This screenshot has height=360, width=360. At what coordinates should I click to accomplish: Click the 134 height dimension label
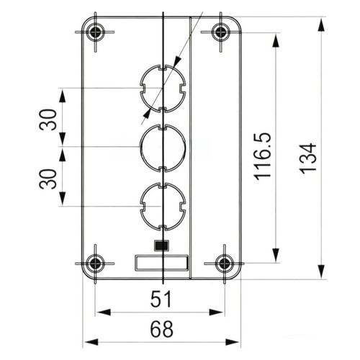(308, 158)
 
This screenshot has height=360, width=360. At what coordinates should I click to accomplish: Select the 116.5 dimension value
(262, 156)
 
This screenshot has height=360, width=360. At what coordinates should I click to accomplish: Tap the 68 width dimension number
(161, 329)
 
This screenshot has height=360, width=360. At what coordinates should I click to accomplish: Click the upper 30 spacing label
(48, 120)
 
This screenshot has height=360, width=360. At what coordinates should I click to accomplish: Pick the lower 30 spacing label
(48, 179)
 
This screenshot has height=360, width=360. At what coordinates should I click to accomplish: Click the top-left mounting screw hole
(95, 32)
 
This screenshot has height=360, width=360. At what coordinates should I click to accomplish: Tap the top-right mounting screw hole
(220, 32)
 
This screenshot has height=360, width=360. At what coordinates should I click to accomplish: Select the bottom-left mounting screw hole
(95, 264)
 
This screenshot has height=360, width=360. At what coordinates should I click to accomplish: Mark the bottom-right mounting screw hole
(225, 264)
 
